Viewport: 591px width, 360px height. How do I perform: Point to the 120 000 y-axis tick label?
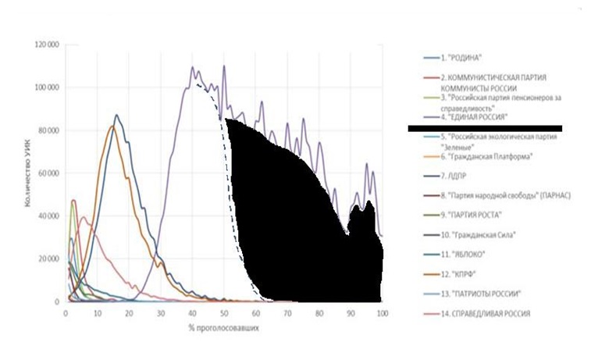[47, 45]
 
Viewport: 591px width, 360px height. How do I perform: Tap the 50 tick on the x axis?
[224, 312]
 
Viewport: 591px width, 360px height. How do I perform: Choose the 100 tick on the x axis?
[382, 312]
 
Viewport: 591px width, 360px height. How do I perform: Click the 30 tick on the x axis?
[161, 312]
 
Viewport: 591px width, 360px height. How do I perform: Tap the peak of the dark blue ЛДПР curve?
[117, 116]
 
